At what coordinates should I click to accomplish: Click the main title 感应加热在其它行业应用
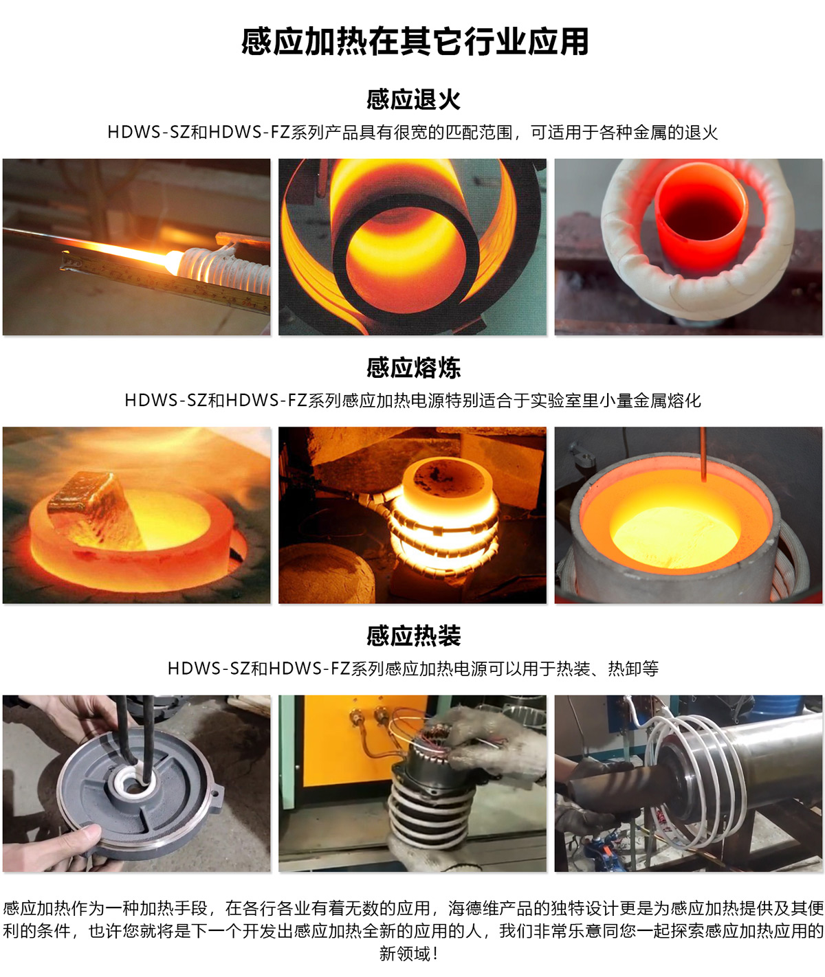[x=415, y=42]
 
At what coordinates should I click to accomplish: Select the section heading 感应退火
[x=413, y=99]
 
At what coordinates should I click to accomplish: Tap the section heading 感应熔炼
[x=413, y=368]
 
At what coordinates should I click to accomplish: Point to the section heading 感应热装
[x=413, y=636]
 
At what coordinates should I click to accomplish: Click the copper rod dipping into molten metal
[x=703, y=454]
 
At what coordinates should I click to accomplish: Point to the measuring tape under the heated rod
[x=164, y=281]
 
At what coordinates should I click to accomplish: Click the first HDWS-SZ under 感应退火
[x=148, y=133]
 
